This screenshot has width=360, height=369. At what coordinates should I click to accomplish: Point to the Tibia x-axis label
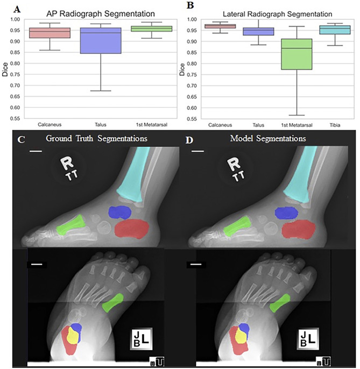point(337,125)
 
